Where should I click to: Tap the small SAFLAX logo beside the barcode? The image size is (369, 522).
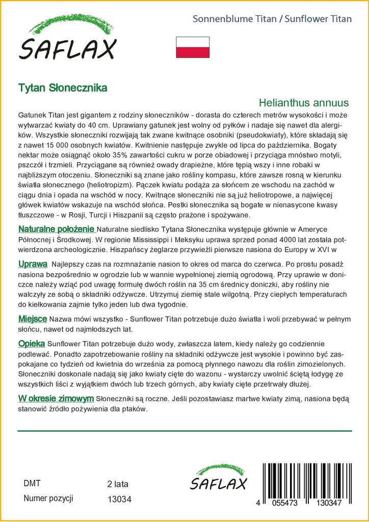(218, 479)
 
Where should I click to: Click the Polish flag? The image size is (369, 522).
(192, 47)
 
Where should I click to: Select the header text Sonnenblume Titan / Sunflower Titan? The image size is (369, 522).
(272, 19)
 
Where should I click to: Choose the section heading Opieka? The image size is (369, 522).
(32, 344)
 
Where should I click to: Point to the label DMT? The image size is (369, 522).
(32, 484)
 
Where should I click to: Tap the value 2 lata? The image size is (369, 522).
(118, 484)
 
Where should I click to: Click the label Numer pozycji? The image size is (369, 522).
(48, 499)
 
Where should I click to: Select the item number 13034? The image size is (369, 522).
(120, 500)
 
